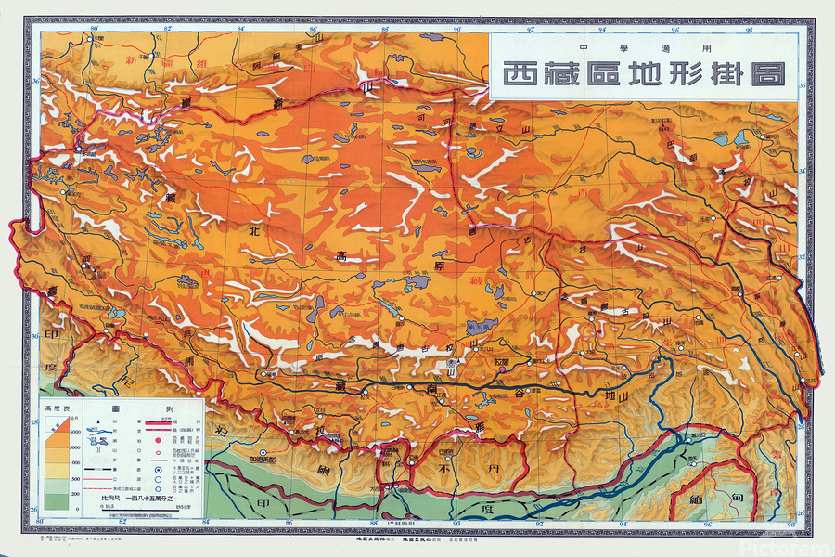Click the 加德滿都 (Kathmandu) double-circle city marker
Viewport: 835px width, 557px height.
(x=263, y=454)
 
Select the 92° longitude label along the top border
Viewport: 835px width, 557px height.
(x=530, y=29)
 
